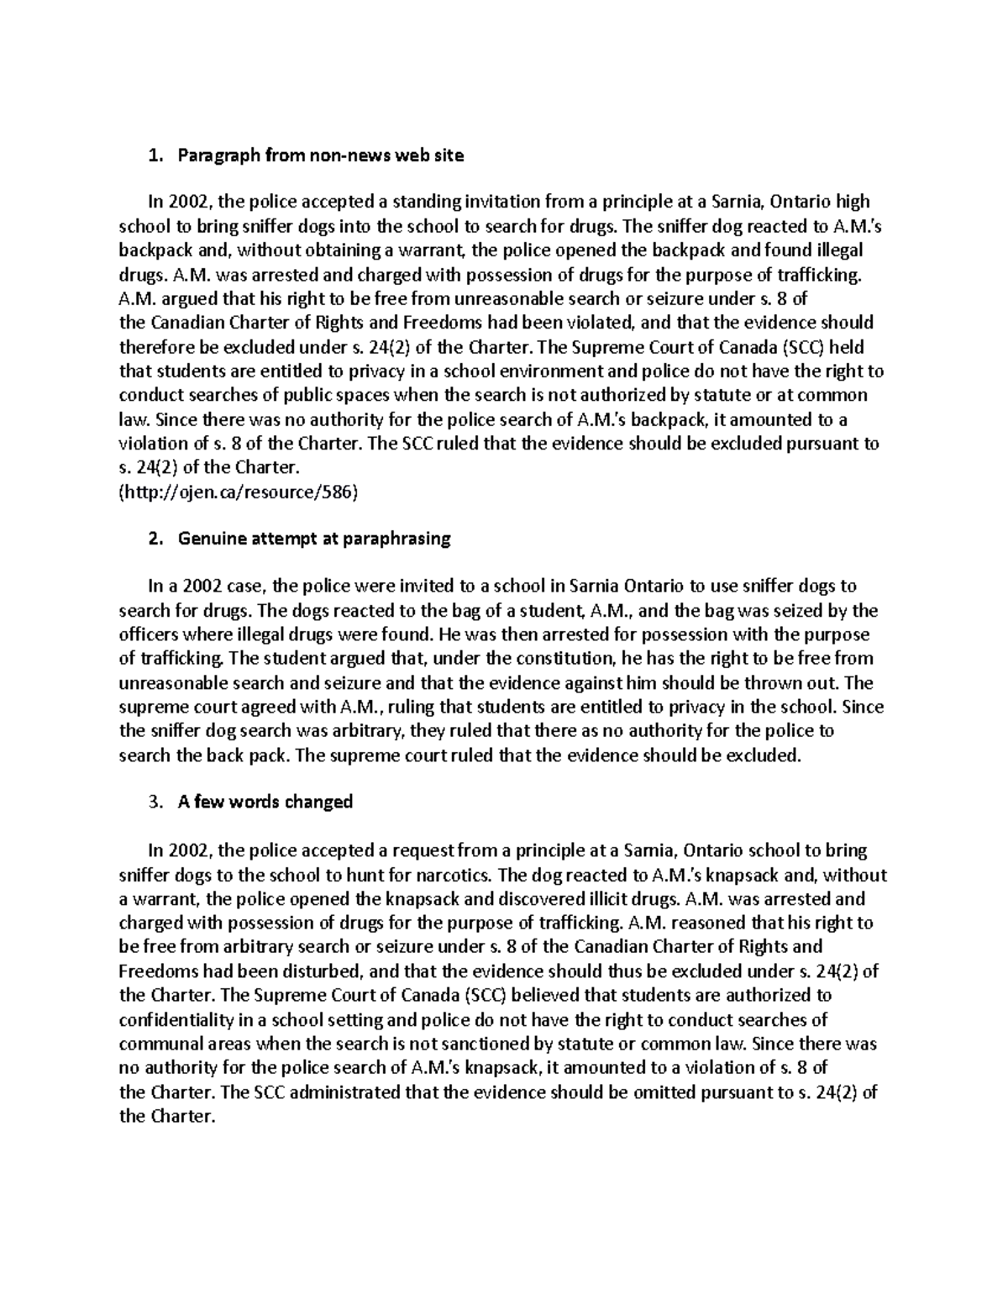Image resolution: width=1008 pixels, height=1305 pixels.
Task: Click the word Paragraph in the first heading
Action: pyautogui.click(x=217, y=155)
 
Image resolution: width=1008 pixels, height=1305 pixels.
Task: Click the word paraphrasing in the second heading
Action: pyautogui.click(x=396, y=539)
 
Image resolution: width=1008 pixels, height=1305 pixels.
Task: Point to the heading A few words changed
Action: pyautogui.click(x=265, y=802)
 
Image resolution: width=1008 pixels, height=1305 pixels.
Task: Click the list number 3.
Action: pyautogui.click(x=152, y=802)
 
